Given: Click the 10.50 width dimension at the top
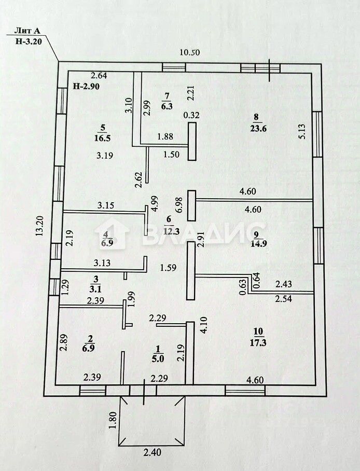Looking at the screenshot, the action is click(189, 52).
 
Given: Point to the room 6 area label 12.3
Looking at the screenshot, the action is click(170, 230).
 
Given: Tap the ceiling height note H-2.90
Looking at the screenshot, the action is click(86, 86).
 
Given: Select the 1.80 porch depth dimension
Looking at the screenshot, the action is click(113, 420).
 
